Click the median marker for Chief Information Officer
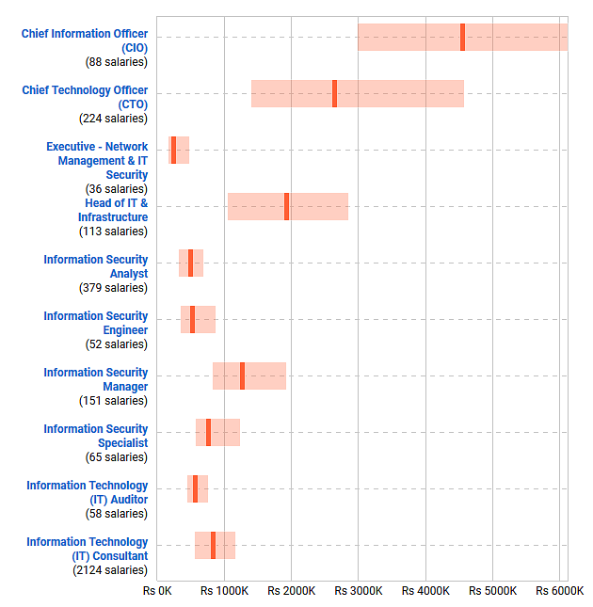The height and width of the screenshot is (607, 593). [x=462, y=37]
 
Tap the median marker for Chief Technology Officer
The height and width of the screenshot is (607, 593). [x=334, y=93]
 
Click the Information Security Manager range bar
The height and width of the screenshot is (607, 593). [x=264, y=375]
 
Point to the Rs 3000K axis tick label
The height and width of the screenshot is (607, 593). [x=359, y=591]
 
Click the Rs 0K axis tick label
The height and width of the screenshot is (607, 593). [x=157, y=591]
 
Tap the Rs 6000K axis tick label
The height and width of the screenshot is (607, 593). [x=560, y=591]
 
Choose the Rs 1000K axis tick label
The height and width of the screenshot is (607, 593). [x=224, y=591]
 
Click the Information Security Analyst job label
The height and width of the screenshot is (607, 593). [x=95, y=266]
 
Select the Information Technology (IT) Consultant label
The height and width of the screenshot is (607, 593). [x=87, y=549]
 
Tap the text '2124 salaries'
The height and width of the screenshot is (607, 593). [x=110, y=570]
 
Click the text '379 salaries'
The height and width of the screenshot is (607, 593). [x=113, y=288]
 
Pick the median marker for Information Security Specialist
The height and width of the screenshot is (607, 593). [x=208, y=432]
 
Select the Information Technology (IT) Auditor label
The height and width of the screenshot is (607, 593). [x=87, y=492]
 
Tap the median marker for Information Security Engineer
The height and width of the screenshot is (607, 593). [x=192, y=319]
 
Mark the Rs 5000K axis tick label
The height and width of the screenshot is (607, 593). [x=493, y=591]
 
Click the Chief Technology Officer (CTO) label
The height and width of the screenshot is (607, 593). [x=85, y=97]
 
